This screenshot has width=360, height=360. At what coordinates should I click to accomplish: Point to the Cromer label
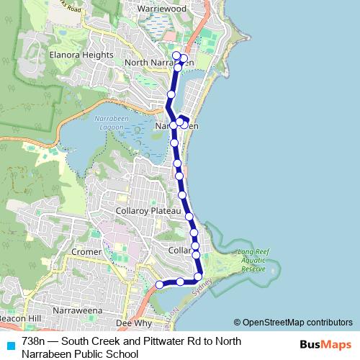coord(86,252)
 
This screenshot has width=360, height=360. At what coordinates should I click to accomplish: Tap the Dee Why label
coord(132,324)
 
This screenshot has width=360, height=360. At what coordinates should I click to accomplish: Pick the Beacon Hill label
coord(21,318)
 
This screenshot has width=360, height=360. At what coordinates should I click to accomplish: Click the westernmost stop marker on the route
coord(160,285)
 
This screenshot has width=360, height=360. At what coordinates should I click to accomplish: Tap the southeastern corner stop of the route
coord(199,276)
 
